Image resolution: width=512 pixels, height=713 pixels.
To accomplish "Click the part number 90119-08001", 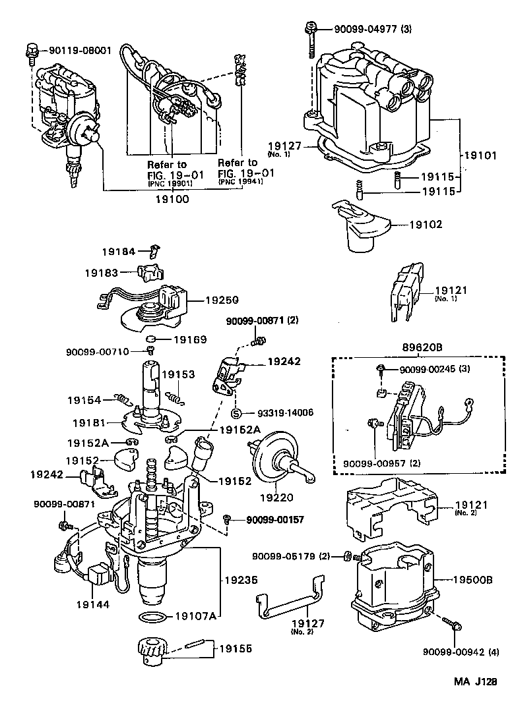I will pos(79,50).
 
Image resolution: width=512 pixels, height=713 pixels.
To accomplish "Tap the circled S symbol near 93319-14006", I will pos(236,413).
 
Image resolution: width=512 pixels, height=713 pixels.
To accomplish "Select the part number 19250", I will pos(221,299).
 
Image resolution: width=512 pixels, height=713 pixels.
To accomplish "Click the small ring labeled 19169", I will pos(151,341).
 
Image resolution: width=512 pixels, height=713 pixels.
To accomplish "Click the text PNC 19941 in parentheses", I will pos(240,181).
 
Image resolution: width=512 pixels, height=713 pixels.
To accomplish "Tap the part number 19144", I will pos(92,603).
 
